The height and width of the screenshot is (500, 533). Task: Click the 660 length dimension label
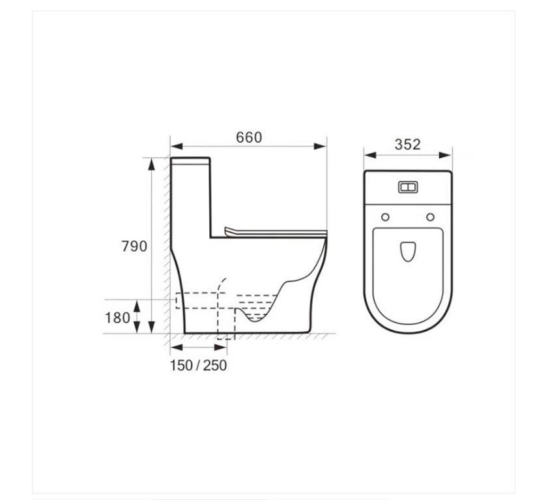pyautogui.click(x=249, y=138)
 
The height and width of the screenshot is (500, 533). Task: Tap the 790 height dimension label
pyautogui.click(x=134, y=246)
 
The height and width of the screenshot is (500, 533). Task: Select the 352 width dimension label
pyautogui.click(x=407, y=145)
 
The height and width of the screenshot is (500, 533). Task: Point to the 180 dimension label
pyautogui.click(x=118, y=317)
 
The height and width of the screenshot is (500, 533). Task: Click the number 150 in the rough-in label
pyautogui.click(x=181, y=365)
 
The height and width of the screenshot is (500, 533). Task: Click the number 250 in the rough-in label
pyautogui.click(x=215, y=365)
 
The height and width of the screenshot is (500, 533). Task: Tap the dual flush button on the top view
pyautogui.click(x=408, y=187)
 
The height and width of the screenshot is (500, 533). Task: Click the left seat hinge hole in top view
pyautogui.click(x=385, y=217)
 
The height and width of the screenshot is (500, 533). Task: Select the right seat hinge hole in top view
pyautogui.click(x=430, y=217)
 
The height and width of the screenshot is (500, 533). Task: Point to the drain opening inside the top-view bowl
pyautogui.click(x=408, y=252)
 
